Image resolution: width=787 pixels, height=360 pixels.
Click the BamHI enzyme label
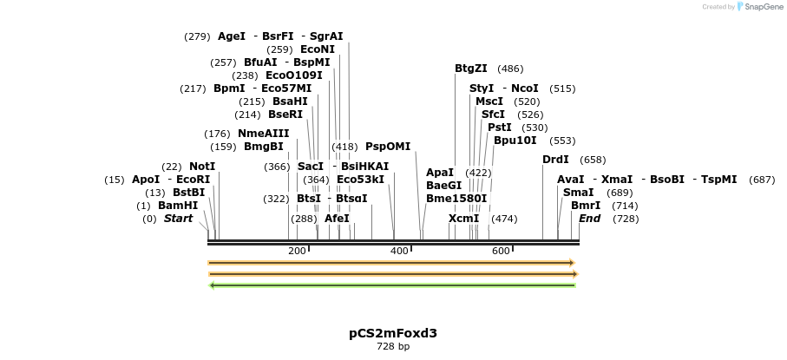click(x=178, y=206)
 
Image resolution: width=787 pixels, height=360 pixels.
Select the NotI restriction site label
click(x=202, y=167)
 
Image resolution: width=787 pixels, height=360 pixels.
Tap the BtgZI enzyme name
click(x=471, y=69)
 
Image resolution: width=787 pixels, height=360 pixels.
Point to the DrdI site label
click(x=555, y=160)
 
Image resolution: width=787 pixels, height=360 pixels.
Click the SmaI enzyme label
click(x=579, y=193)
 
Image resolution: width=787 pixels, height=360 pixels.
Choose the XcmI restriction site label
click(x=464, y=219)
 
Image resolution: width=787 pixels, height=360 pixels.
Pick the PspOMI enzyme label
click(x=388, y=147)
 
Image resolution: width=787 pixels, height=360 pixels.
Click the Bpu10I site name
click(x=515, y=141)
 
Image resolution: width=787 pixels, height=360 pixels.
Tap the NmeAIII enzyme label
click(x=264, y=134)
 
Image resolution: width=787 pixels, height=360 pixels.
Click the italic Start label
click(x=178, y=219)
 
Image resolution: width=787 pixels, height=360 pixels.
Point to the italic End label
click(x=589, y=219)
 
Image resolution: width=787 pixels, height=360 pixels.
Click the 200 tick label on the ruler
click(x=297, y=252)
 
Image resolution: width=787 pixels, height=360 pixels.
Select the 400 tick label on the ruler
click(x=399, y=252)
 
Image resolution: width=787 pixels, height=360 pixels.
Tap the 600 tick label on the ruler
click(x=501, y=252)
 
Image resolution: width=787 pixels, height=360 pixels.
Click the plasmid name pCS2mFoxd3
click(x=393, y=333)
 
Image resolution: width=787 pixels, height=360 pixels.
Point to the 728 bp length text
click(x=393, y=347)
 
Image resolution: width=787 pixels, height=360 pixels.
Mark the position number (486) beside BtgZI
click(x=510, y=69)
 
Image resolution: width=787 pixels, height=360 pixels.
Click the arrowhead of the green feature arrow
click(x=213, y=285)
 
